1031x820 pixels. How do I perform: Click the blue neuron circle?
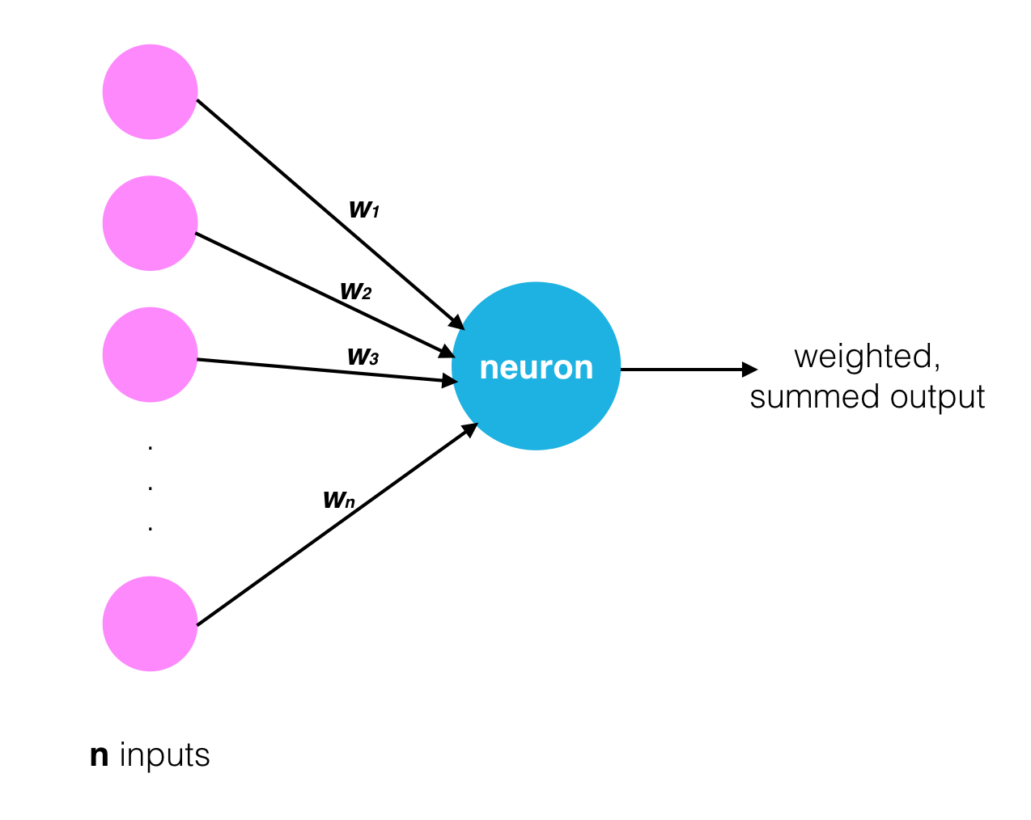(536, 404)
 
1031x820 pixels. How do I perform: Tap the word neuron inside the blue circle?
(536, 368)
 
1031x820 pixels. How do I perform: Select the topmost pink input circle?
(150, 92)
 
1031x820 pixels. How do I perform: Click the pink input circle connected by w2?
(150, 223)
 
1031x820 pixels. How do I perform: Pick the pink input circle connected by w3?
(150, 354)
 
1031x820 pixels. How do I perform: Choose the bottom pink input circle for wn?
(150, 623)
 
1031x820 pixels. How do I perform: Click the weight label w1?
(364, 209)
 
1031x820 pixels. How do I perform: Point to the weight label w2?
(355, 290)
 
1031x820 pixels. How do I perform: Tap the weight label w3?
(363, 356)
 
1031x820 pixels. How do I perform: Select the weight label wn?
(338, 500)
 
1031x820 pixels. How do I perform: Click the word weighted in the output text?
(867, 357)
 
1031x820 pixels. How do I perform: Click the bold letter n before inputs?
(99, 755)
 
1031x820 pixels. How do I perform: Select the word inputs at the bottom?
(164, 755)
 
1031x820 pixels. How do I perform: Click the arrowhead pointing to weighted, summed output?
(750, 370)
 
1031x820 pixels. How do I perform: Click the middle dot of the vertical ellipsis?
(151, 487)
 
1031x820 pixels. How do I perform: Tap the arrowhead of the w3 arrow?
(451, 380)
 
